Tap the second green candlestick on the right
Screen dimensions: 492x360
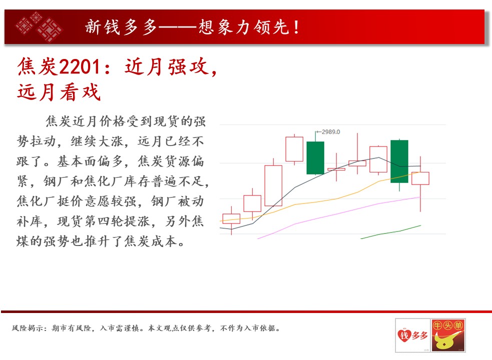tap(399, 161)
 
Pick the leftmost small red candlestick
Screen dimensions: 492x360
tap(231, 218)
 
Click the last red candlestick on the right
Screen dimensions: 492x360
tap(420, 178)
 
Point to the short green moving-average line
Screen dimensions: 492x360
tap(391, 232)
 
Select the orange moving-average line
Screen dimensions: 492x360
tap(320, 200)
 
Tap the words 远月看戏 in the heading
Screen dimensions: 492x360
tap(59, 92)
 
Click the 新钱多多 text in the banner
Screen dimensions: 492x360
tap(121, 27)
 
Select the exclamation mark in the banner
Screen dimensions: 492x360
tap(296, 27)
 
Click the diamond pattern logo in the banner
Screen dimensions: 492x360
tap(39, 26)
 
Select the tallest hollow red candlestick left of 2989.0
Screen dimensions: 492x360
tap(273, 185)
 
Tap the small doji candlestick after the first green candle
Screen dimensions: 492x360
tap(336, 169)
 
